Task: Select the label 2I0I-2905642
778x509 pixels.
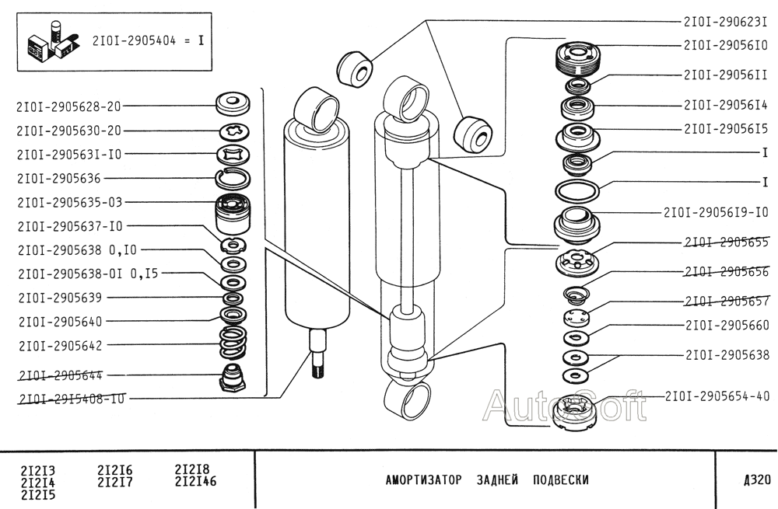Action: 59,345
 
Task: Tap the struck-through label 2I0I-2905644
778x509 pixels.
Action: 59,375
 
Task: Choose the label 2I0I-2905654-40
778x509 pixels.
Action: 717,396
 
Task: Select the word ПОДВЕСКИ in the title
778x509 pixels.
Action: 560,479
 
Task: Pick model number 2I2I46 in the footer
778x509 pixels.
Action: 195,482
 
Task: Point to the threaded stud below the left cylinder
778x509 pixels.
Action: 317,354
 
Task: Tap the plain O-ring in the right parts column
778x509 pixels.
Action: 576,190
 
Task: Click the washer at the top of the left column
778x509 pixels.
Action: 232,103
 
